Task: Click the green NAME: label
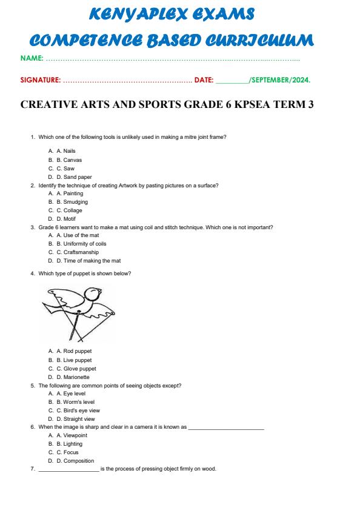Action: pos(32,58)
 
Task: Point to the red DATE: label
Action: pos(204,79)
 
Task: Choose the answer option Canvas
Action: pos(72,160)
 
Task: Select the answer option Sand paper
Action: pos(77,177)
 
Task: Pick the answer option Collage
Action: pos(73,210)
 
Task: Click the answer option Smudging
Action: pos(75,202)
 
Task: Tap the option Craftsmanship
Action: pos(81,252)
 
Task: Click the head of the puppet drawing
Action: pos(93,295)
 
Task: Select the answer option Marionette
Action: pos(78,377)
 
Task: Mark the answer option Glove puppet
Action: pos(79,368)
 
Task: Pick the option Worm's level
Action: pos(79,402)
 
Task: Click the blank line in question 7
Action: pos(68,470)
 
